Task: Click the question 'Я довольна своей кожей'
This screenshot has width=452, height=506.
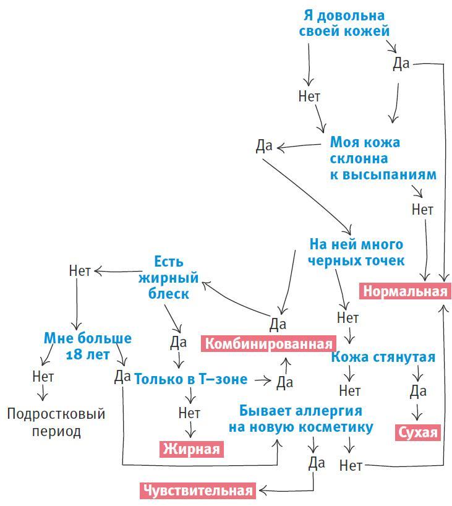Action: point(344,23)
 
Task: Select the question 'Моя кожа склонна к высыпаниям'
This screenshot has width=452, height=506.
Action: point(382,158)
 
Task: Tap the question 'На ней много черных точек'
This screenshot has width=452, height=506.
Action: point(356,252)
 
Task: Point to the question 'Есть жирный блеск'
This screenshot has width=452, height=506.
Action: point(169,278)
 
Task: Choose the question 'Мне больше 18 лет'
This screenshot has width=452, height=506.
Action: point(87,346)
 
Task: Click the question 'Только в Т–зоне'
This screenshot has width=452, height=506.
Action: point(190,379)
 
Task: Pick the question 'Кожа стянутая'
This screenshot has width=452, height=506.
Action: point(383,357)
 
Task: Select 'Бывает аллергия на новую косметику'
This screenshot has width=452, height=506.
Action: point(301,419)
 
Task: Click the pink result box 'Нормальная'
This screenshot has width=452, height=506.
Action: point(404,291)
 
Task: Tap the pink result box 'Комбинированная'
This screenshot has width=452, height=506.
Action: point(267,343)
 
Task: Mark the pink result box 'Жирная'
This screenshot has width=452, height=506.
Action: point(191,448)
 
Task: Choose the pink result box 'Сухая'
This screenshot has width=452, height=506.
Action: point(417,432)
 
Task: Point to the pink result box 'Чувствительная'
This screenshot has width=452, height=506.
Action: point(198,491)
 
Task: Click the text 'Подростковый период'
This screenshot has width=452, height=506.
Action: point(56,422)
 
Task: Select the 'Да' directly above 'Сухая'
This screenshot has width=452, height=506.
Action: point(418,391)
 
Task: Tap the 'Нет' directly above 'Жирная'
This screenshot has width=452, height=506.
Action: point(189,412)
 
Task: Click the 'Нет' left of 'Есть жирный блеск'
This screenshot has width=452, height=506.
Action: point(80,270)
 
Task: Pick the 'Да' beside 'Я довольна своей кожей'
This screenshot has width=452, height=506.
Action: point(401,64)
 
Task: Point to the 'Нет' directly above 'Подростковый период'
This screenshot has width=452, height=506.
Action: point(43,376)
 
